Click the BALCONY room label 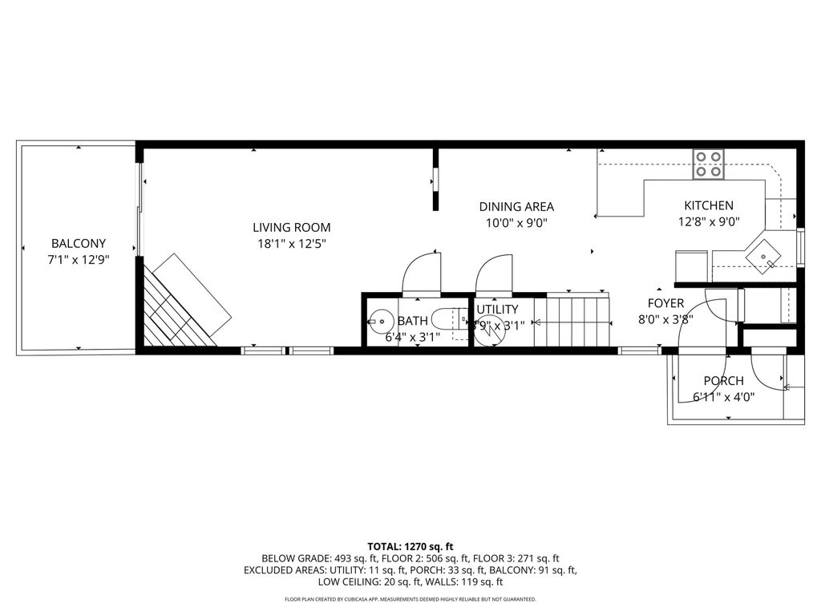(x=79, y=243)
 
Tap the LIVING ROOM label (x=291, y=227)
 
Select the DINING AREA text (x=516, y=206)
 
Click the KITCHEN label (x=708, y=205)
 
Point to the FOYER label (x=665, y=303)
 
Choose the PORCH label (x=723, y=381)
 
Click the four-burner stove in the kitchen (x=708, y=164)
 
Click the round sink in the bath (x=380, y=322)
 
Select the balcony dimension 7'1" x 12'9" (x=79, y=259)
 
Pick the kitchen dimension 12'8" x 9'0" (x=708, y=222)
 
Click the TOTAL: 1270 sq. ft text (x=410, y=545)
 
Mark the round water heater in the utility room (x=486, y=333)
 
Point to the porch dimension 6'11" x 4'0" (x=723, y=396)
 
